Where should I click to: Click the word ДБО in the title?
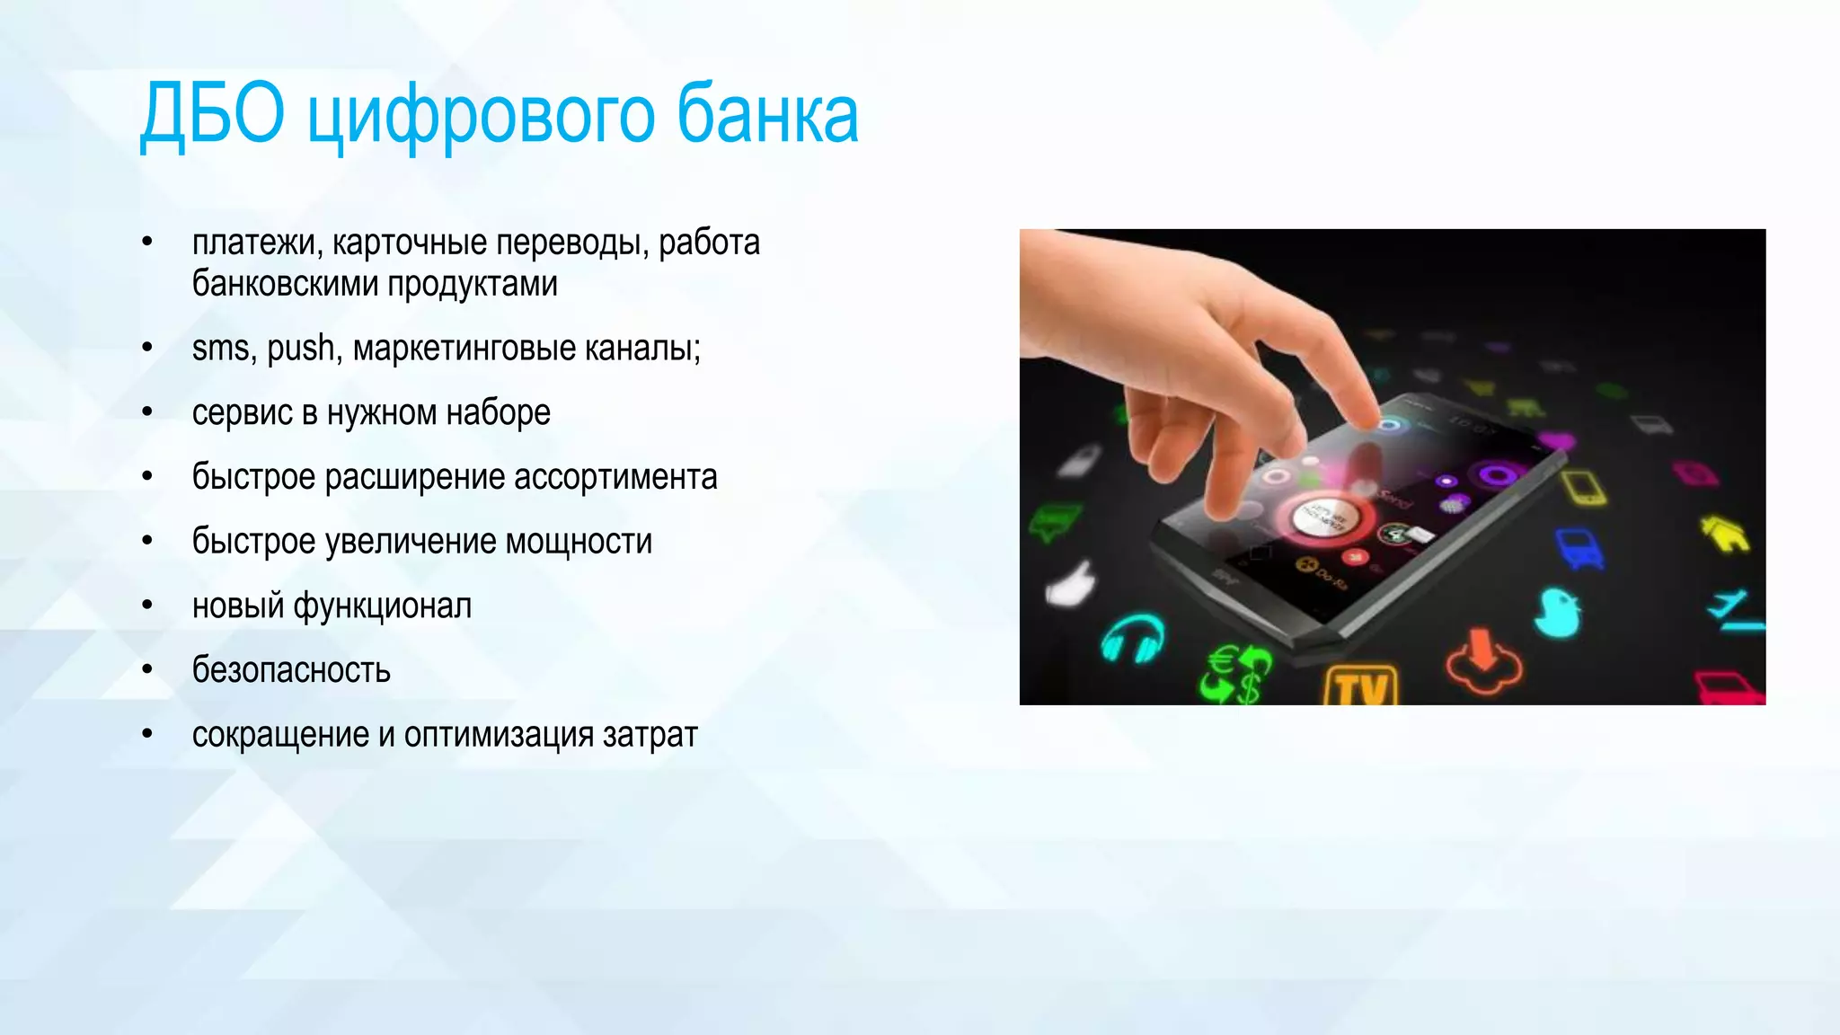[212, 115]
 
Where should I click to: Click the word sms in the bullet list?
[220, 349]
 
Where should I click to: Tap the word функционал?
[382, 606]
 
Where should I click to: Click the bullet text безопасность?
[291, 671]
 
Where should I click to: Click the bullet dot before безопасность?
[147, 669]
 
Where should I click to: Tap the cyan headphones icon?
[1133, 639]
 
